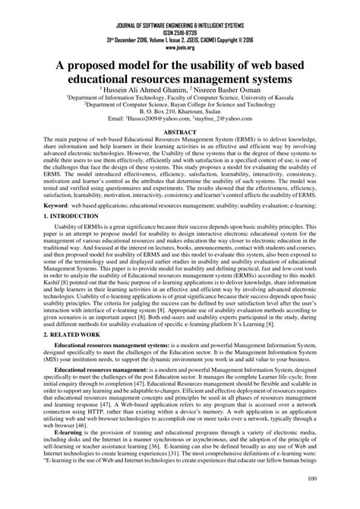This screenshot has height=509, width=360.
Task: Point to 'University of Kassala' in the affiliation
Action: [271, 98]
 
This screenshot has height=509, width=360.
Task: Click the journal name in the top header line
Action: [180, 6]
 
